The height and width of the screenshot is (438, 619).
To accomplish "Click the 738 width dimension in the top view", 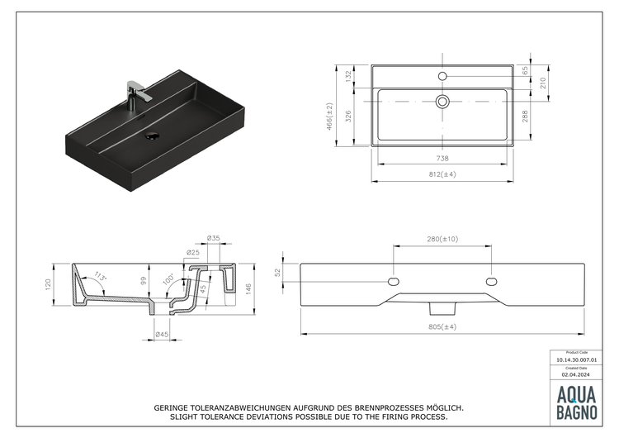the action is pyautogui.click(x=442, y=158).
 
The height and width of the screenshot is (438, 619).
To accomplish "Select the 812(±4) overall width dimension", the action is pyautogui.click(x=442, y=174).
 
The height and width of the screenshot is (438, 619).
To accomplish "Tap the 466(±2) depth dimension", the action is pyautogui.click(x=329, y=117).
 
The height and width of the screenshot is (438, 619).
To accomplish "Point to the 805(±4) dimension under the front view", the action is pyautogui.click(x=442, y=327).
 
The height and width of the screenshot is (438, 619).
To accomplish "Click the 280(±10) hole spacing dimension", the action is pyautogui.click(x=442, y=239).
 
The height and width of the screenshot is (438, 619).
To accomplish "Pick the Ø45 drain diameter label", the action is pyautogui.click(x=162, y=335).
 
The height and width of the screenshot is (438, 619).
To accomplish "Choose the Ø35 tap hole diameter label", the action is pyautogui.click(x=214, y=238).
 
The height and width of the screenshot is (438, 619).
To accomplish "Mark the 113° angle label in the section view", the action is pyautogui.click(x=100, y=276).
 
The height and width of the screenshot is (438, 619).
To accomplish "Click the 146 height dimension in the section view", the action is pyautogui.click(x=248, y=289).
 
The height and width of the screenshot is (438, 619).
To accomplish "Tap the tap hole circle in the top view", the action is pyautogui.click(x=442, y=76).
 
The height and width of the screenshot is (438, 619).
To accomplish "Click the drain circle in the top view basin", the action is pyautogui.click(x=442, y=102).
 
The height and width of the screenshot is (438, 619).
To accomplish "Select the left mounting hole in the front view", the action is pyautogui.click(x=394, y=282).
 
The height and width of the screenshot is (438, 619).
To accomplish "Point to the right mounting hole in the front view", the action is pyautogui.click(x=492, y=282).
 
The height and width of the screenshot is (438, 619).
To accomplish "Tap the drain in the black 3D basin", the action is pyautogui.click(x=153, y=136).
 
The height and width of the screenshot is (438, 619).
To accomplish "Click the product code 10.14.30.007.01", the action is pyautogui.click(x=576, y=360).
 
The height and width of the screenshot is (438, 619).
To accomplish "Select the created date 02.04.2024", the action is pyautogui.click(x=576, y=374).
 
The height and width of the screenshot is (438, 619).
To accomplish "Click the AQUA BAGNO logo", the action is pyautogui.click(x=576, y=402).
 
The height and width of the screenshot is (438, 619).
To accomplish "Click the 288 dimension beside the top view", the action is pyautogui.click(x=525, y=117).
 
